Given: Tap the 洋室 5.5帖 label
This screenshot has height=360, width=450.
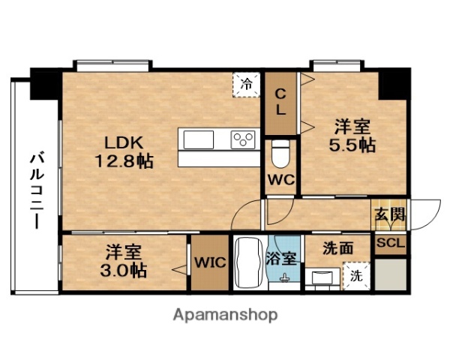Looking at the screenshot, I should pyautogui.click(x=352, y=136).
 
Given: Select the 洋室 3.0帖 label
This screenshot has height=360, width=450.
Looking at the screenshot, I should pyautogui.click(x=125, y=260).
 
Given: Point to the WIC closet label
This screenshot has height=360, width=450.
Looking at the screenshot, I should pyautogui.click(x=209, y=262).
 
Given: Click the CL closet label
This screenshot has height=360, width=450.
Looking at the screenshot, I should pyautogui.click(x=280, y=102).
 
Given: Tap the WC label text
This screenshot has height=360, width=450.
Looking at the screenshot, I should pyautogui.click(x=280, y=180).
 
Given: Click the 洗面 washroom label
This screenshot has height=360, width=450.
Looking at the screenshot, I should pyautogui.click(x=337, y=247).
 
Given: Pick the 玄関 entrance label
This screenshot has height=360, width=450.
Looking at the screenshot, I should pyautogui.click(x=390, y=214).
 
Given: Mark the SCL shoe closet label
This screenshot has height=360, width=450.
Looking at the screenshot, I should pyautogui.click(x=390, y=244).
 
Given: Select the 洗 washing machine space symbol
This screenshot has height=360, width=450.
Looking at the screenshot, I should pyautogui.click(x=355, y=276).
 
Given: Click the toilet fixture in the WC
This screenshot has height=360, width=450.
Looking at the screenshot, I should pyautogui.click(x=280, y=154).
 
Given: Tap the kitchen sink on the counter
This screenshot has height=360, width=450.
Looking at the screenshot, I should pyautogui.click(x=197, y=139).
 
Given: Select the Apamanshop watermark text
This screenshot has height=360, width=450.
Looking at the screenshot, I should pyautogui.click(x=225, y=315).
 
